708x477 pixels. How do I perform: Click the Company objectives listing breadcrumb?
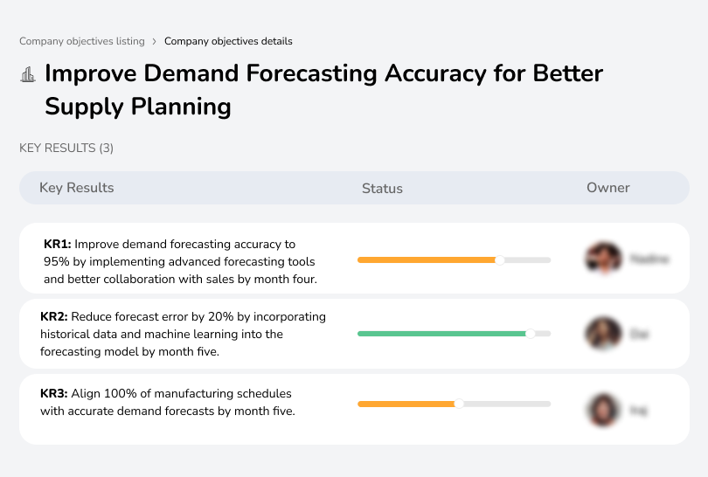(82, 41)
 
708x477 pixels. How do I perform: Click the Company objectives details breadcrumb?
(228, 41)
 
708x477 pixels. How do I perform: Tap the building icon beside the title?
(28, 74)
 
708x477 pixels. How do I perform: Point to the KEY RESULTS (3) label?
(66, 149)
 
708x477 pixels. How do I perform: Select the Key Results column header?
(76, 188)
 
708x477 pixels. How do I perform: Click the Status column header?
(382, 188)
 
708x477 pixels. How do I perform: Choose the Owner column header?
(607, 188)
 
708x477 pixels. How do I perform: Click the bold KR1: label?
(58, 245)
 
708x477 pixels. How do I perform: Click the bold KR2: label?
(54, 317)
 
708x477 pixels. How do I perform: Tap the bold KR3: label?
(54, 394)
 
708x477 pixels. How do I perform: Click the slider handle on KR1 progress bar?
(500, 259)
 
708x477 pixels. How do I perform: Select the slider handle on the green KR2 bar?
(530, 333)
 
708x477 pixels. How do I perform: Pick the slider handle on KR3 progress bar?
(459, 404)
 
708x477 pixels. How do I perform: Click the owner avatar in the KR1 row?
(601, 259)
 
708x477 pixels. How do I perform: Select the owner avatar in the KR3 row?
(601, 409)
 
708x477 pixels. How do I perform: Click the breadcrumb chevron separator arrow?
(154, 41)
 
